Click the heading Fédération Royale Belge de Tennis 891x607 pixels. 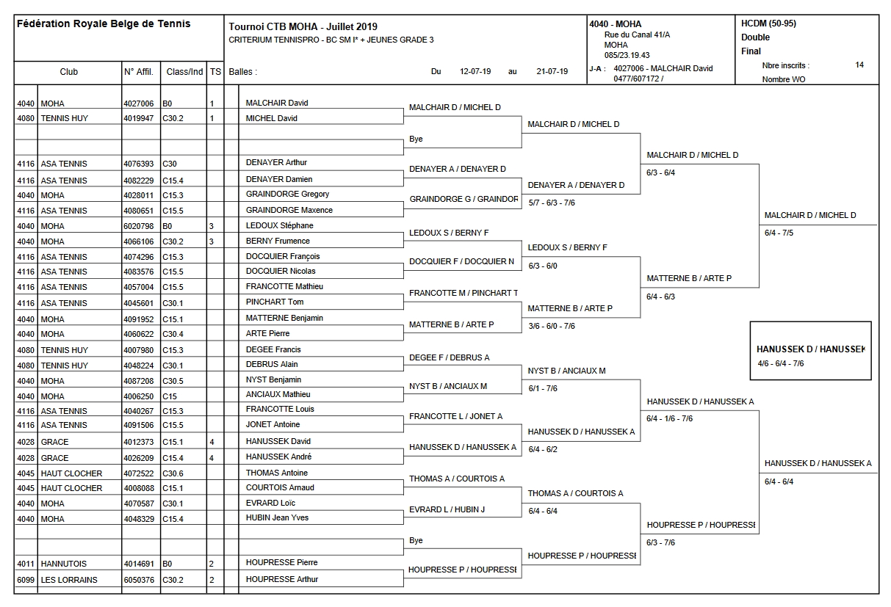pyautogui.click(x=104, y=23)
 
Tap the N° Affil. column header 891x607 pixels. pyautogui.click(x=139, y=72)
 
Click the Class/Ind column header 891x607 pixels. pyautogui.click(x=184, y=72)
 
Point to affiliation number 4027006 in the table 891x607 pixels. pyautogui.click(x=139, y=103)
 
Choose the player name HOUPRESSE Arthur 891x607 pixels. pyautogui.click(x=281, y=579)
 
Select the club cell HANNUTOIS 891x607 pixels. pyautogui.click(x=63, y=564)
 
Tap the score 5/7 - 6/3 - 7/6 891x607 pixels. pyautogui.click(x=551, y=203)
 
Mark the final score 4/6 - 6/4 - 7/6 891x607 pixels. pyautogui.click(x=780, y=363)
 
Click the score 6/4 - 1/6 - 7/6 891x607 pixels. pyautogui.click(x=669, y=418)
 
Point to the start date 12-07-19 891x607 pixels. pyautogui.click(x=475, y=72)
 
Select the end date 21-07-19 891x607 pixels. pyautogui.click(x=552, y=72)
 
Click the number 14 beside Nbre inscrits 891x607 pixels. pyautogui.click(x=859, y=65)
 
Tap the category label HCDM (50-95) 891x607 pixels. pyautogui.click(x=768, y=23)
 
